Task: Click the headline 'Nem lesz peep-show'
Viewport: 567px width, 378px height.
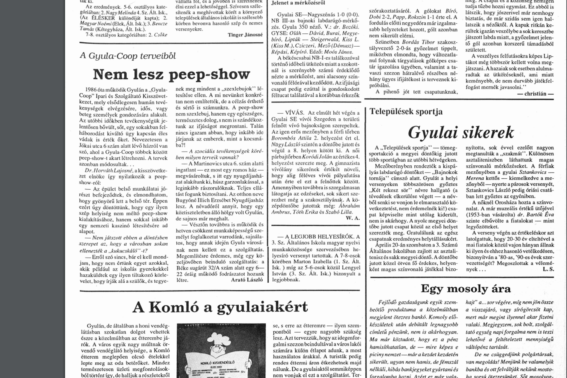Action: pos(171,74)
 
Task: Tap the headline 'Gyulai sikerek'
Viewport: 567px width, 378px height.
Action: pos(461,132)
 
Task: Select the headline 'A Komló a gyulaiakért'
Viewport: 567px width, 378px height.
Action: pos(220,307)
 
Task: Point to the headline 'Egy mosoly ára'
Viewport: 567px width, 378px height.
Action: pos(466,289)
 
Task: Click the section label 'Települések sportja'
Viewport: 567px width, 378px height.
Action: pos(406,112)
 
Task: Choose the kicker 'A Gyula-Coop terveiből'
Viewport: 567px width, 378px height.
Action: pos(128,56)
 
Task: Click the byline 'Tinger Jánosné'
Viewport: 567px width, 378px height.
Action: pos(245,35)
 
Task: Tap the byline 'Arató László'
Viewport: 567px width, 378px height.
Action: pos(247,280)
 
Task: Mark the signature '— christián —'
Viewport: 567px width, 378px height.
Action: pos(535,94)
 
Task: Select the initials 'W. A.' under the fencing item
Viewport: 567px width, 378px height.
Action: pos(353,218)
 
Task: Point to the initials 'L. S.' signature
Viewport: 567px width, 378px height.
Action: pos(548,269)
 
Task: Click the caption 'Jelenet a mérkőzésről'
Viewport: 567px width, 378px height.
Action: pos(298,3)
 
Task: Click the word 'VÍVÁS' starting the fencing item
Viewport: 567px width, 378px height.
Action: pos(295,113)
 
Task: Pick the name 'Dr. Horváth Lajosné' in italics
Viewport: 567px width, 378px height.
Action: pos(108,170)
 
